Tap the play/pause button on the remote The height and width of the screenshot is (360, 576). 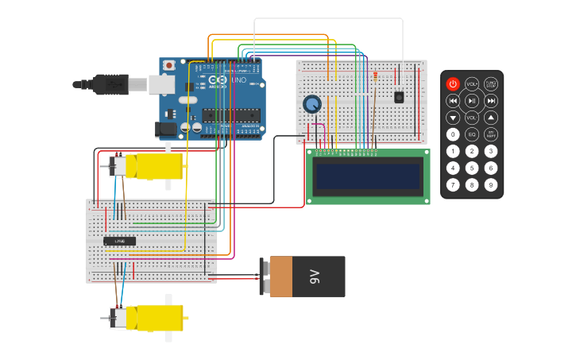pos(472,101)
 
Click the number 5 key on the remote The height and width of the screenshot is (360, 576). pos(472,168)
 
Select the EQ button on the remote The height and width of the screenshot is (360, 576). pos(472,134)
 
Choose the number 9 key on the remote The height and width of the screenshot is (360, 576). pos(491,185)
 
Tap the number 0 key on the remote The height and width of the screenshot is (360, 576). pos(453,134)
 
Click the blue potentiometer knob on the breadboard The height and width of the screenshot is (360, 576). pos(312,104)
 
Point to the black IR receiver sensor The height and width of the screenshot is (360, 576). pos(399,97)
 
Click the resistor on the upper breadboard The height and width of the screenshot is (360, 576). pos(375,76)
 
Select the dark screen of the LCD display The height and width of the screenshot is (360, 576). pos(368,176)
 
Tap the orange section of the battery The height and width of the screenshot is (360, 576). pos(281,277)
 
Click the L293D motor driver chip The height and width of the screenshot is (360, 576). pos(120,240)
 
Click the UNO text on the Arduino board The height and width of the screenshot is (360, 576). pos(239,80)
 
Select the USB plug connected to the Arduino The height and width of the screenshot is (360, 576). pos(110,83)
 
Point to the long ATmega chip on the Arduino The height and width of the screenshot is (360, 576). pos(230,115)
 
